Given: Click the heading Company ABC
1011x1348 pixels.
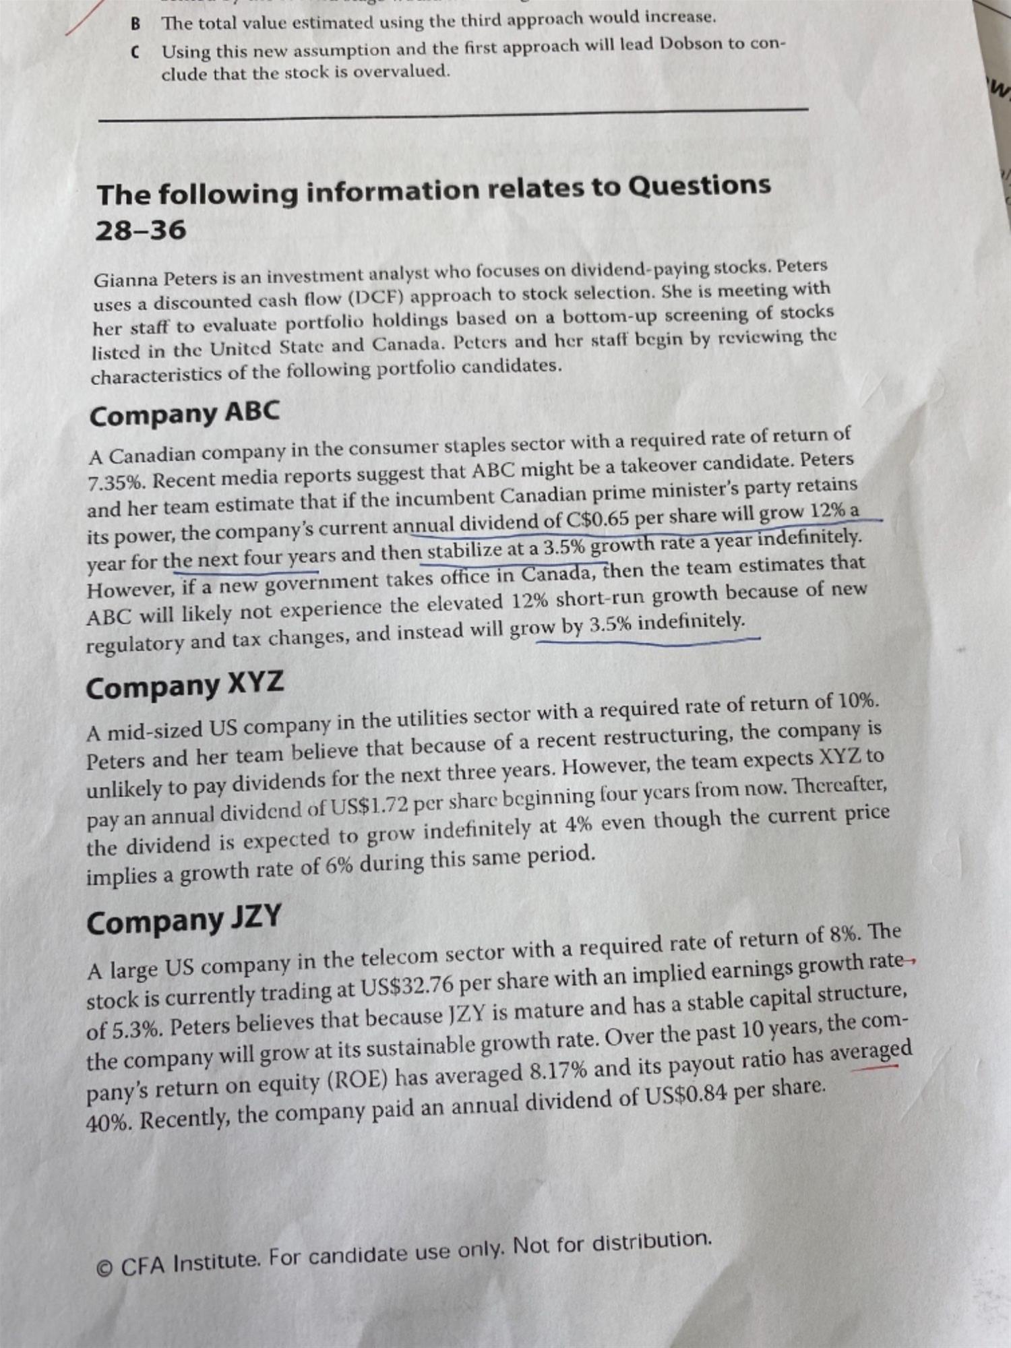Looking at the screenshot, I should coord(184,414).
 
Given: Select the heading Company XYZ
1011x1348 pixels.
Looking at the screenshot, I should coord(185,686).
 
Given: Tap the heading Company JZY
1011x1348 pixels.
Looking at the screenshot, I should coord(183,921).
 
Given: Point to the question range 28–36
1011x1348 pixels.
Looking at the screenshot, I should coord(140,230).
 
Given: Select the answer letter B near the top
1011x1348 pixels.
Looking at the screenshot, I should coord(136,24).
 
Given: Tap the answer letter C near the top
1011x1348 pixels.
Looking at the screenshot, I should coord(136,53).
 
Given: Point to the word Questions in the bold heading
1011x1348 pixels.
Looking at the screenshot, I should coord(699,185).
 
